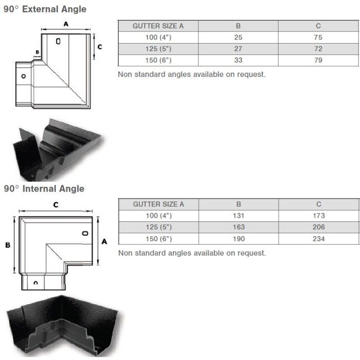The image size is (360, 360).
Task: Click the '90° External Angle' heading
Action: click(x=45, y=9)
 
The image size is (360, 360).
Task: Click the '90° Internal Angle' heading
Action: click(x=44, y=189)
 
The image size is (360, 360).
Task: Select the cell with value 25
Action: click(x=238, y=37)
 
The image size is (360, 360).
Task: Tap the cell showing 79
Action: click(x=318, y=60)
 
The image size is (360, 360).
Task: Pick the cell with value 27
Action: click(x=238, y=49)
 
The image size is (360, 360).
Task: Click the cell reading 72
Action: click(x=318, y=49)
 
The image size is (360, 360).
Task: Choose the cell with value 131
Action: click(x=238, y=216)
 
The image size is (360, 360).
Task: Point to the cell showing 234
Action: click(x=319, y=239)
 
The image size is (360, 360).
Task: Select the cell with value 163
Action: click(x=238, y=227)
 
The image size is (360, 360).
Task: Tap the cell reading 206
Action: click(x=319, y=227)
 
